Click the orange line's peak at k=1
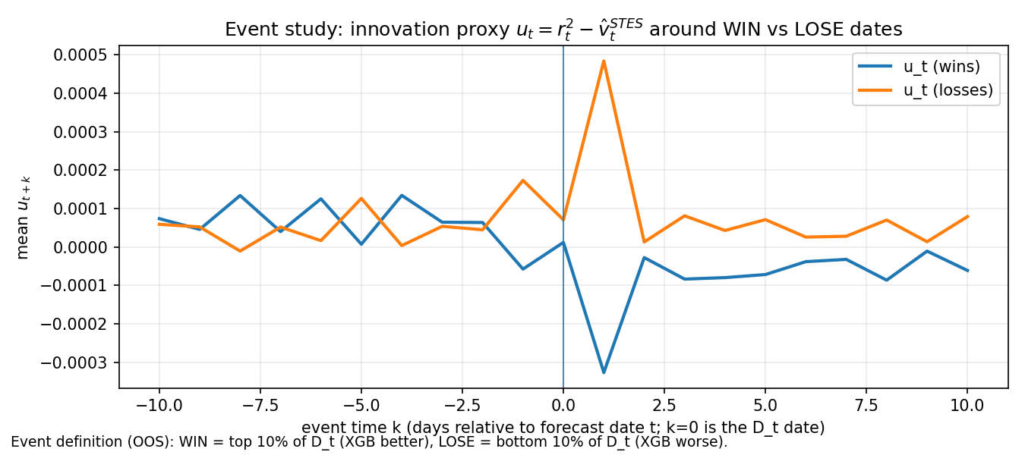pyautogui.click(x=604, y=61)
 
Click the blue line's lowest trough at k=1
pyautogui.click(x=604, y=372)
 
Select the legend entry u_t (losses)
pyautogui.click(x=948, y=91)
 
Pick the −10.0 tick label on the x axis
pyautogui.click(x=159, y=406)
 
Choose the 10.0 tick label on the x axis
pyautogui.click(x=967, y=406)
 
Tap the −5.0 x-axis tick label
pyautogui.click(x=361, y=406)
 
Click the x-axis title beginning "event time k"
pyautogui.click(x=563, y=428)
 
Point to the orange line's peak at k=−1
pyautogui.click(x=523, y=180)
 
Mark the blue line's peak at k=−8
pyautogui.click(x=240, y=196)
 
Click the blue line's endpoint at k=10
pyautogui.click(x=967, y=271)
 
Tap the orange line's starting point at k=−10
pyautogui.click(x=159, y=224)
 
